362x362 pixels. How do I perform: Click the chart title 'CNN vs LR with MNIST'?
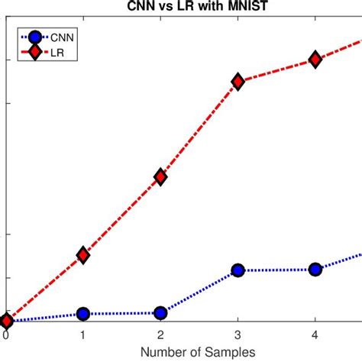(x=180, y=7)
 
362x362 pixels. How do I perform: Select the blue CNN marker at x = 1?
(x=82, y=313)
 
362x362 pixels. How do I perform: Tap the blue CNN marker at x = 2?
(x=160, y=312)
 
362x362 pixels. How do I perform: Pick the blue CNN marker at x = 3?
(x=238, y=270)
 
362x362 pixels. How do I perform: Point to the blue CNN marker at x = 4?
(x=315, y=269)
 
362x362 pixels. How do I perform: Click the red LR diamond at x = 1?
(x=82, y=255)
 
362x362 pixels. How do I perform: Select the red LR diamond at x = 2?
(x=160, y=176)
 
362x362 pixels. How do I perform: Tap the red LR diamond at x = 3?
(x=238, y=81)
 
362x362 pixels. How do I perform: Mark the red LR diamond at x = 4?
(x=315, y=60)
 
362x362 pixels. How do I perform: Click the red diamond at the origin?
(x=6, y=322)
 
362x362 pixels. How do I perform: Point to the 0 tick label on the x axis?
(x=6, y=335)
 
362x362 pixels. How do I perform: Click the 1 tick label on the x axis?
(x=82, y=335)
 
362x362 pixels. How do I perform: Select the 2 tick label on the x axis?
(x=160, y=335)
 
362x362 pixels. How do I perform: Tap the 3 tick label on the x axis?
(x=238, y=335)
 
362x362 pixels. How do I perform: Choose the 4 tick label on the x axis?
(x=315, y=335)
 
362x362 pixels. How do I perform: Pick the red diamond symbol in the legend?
(x=34, y=52)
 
